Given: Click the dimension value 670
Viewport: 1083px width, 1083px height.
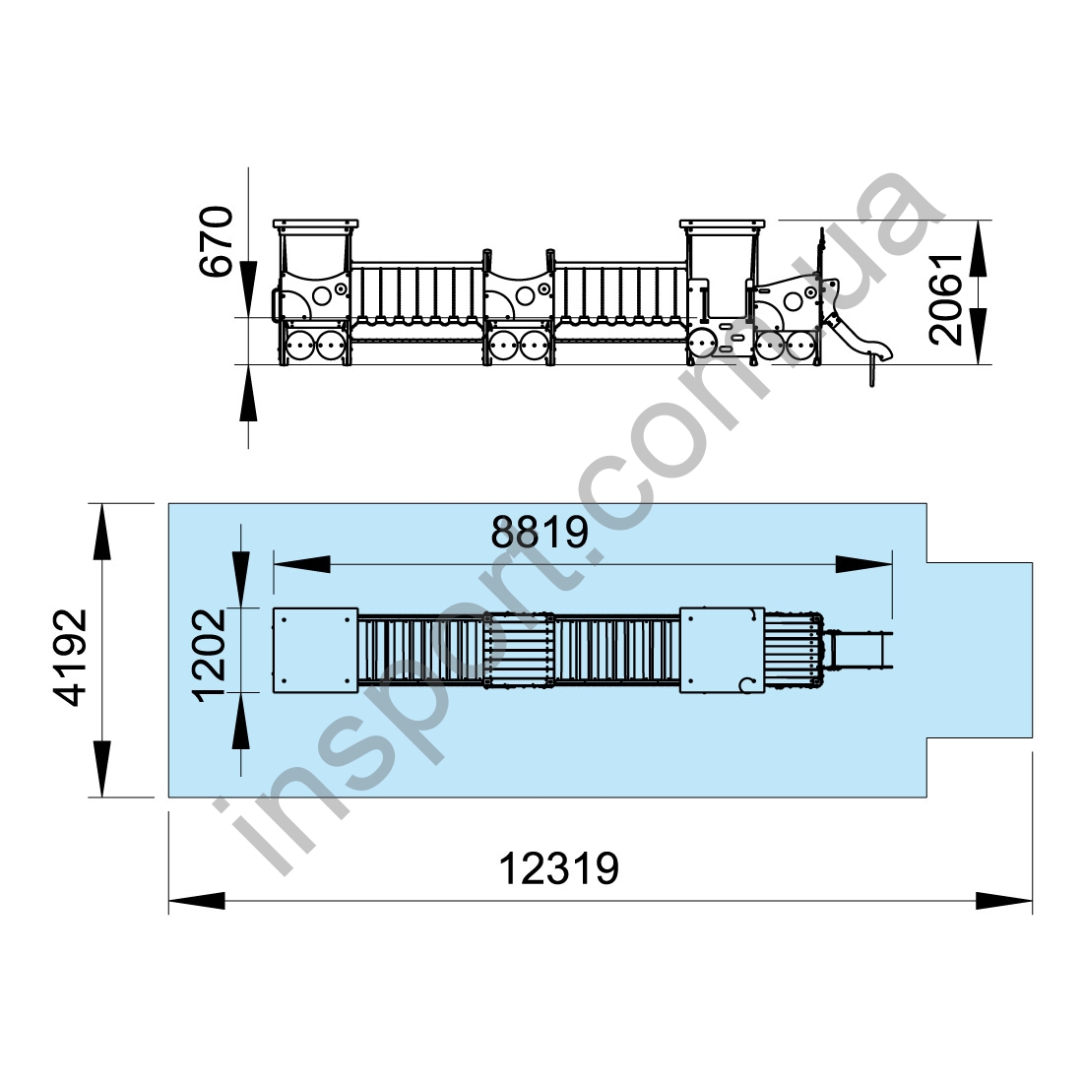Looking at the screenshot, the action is click(x=217, y=241).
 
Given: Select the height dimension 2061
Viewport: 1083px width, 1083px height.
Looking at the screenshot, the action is click(x=945, y=298).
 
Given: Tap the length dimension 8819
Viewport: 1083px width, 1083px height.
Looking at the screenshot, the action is click(x=540, y=532).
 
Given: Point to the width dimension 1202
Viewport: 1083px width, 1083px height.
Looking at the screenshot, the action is click(x=211, y=655).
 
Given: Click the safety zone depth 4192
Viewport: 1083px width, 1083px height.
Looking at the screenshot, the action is click(x=72, y=657).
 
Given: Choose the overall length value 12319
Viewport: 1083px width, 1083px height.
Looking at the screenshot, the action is click(x=559, y=868).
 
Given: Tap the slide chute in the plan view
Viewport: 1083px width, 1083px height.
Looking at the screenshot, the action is click(x=859, y=651).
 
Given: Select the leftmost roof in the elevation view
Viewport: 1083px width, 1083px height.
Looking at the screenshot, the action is click(x=316, y=225).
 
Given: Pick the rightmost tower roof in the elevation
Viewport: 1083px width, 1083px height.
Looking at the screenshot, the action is click(x=723, y=225).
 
